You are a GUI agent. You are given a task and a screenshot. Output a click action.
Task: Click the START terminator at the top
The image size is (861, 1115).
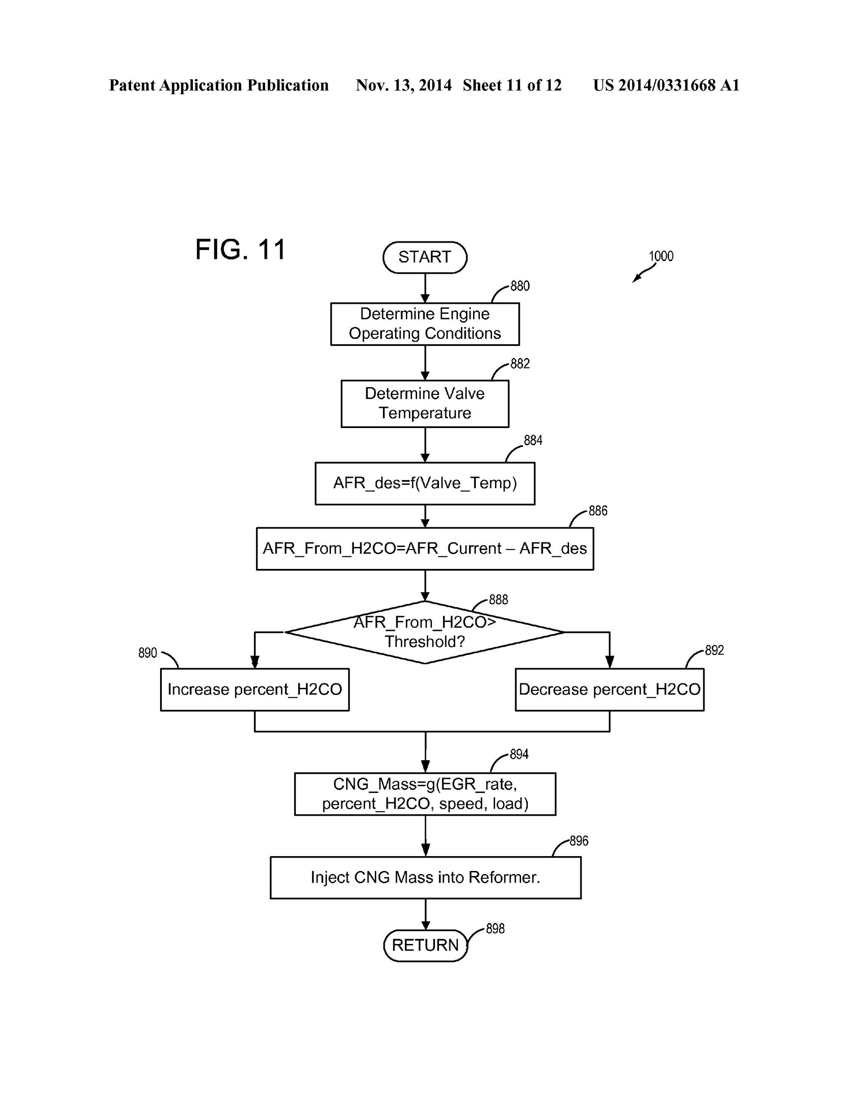(x=425, y=257)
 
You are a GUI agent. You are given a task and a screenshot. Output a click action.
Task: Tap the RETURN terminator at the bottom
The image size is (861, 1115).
(x=425, y=945)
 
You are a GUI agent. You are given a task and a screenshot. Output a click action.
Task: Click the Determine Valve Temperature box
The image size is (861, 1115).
(x=425, y=403)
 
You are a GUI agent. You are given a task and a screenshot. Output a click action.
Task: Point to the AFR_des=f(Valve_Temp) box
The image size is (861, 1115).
(x=425, y=483)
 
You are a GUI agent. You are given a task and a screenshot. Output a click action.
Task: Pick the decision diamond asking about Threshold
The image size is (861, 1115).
(x=425, y=632)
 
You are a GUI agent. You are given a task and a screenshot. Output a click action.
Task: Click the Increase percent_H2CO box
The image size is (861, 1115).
(x=255, y=689)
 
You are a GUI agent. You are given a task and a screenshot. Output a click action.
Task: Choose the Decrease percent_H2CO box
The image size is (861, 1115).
(x=609, y=689)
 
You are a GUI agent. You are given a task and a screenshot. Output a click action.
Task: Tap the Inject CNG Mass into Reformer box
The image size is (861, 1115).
(x=425, y=878)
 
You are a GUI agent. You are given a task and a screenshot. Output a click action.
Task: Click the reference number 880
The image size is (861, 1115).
(x=520, y=286)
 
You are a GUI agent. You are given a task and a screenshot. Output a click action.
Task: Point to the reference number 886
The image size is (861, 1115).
(x=598, y=511)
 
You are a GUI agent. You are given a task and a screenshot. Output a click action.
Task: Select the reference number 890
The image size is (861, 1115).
(x=148, y=653)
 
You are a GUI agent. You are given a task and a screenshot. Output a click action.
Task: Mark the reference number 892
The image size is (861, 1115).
(x=714, y=651)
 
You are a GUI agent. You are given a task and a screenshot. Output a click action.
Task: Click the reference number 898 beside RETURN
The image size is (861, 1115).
(x=495, y=929)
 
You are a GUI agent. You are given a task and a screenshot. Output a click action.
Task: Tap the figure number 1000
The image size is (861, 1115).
(x=661, y=256)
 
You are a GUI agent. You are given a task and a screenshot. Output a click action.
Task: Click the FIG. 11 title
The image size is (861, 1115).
(x=240, y=249)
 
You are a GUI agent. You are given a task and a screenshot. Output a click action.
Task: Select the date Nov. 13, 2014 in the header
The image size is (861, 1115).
(x=404, y=85)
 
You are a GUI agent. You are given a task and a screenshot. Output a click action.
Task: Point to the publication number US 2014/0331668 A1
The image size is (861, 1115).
(x=666, y=85)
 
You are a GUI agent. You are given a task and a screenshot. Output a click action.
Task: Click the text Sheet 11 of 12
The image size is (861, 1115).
(x=512, y=85)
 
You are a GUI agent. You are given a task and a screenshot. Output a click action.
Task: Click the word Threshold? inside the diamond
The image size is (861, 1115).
(x=425, y=642)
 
